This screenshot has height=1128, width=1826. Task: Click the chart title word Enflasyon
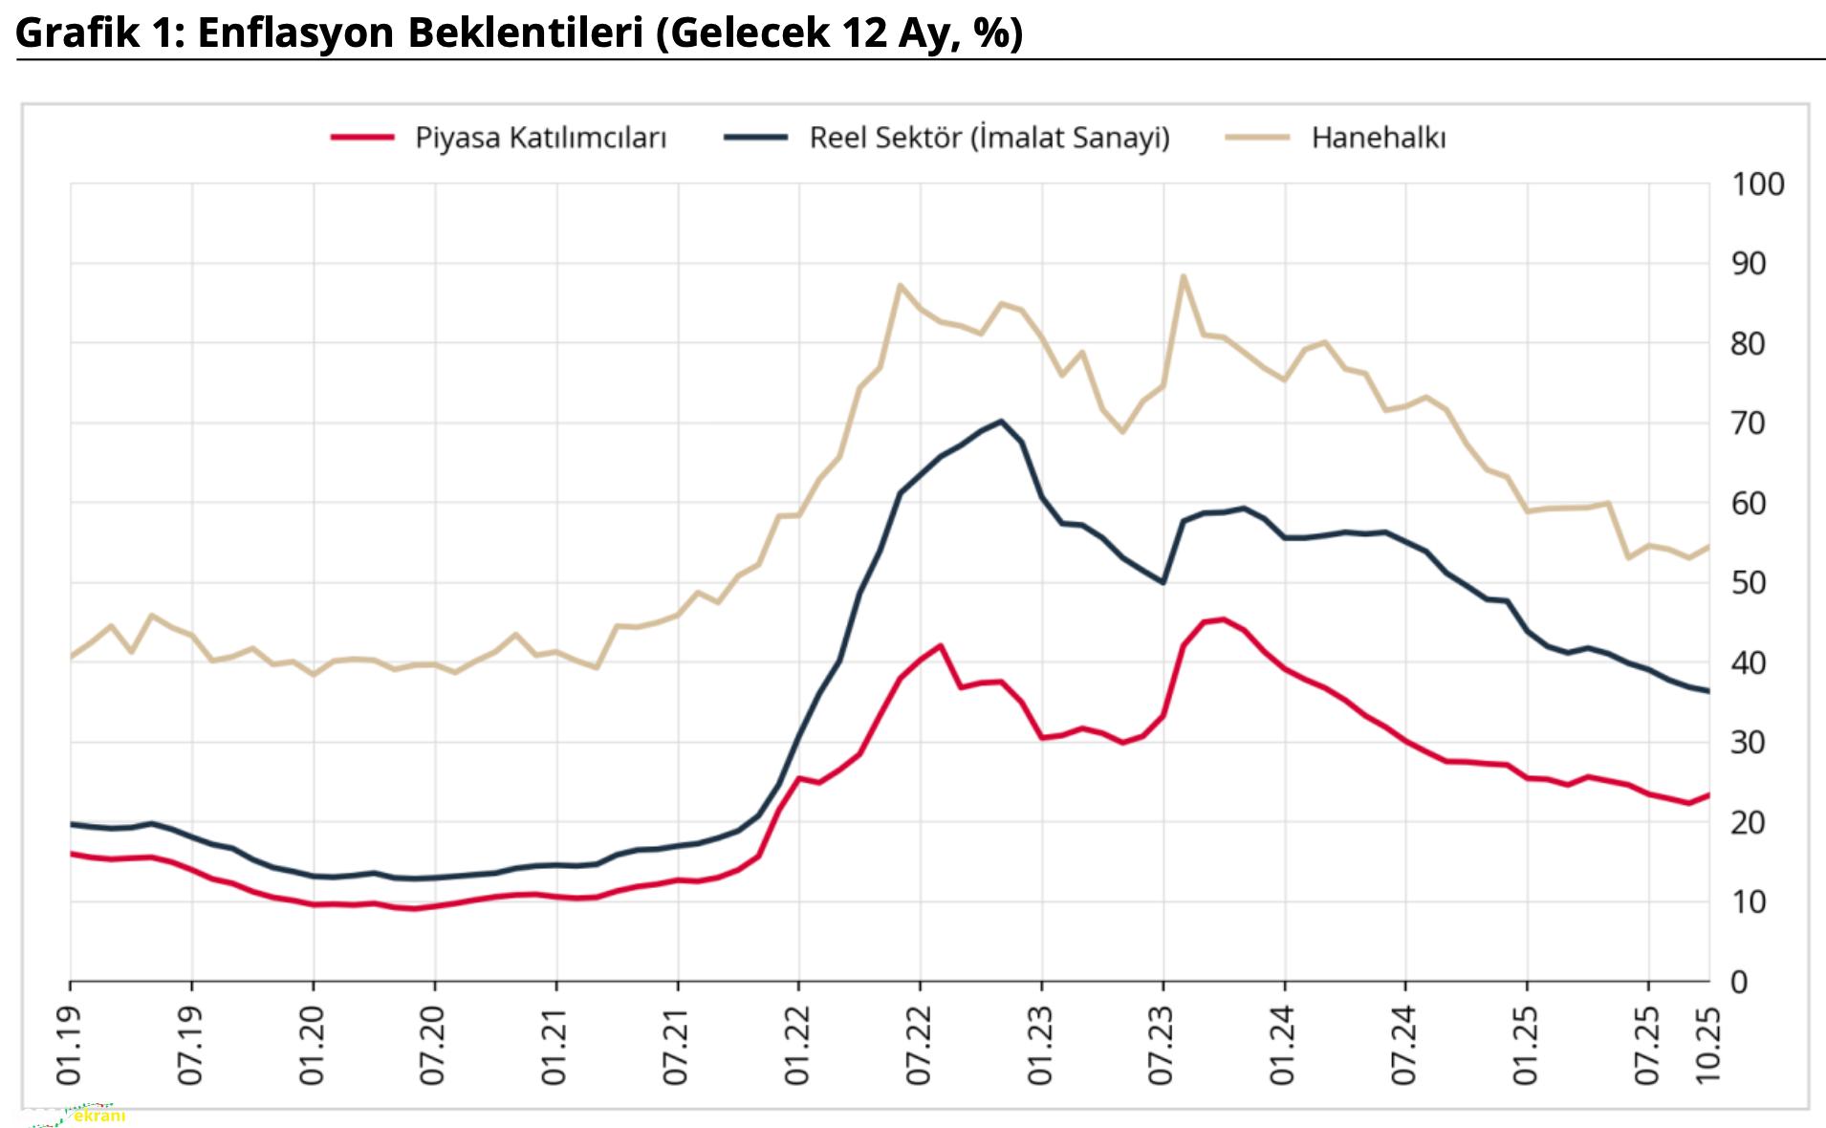pyautogui.click(x=294, y=33)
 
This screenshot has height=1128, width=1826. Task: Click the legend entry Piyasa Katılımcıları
pyautogui.click(x=540, y=138)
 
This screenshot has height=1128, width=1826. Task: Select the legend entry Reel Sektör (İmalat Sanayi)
pyautogui.click(x=989, y=138)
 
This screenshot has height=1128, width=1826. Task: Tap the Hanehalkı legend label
pyautogui.click(x=1378, y=138)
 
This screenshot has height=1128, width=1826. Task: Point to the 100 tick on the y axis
pyautogui.click(x=1757, y=184)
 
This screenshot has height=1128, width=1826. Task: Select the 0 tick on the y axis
pyautogui.click(x=1739, y=982)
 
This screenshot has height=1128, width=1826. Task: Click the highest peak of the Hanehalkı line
pyautogui.click(x=1183, y=276)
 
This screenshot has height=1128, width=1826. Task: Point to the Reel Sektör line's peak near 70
pyautogui.click(x=1000, y=421)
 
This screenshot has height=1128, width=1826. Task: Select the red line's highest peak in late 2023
pyautogui.click(x=1223, y=619)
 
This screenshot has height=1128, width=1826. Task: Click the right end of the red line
pyautogui.click(x=1707, y=794)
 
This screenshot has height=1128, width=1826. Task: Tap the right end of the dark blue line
pyautogui.click(x=1707, y=691)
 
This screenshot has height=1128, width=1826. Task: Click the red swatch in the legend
pyautogui.click(x=362, y=138)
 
